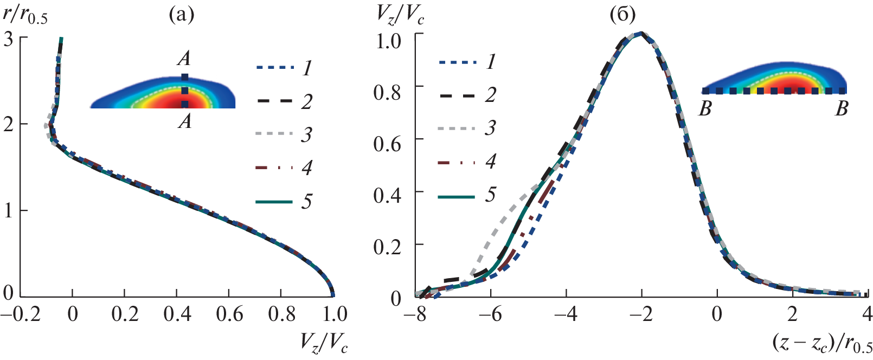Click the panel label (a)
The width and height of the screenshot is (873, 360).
click(x=181, y=15)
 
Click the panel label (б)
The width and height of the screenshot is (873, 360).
click(x=622, y=15)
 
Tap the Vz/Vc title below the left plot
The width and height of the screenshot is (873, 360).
click(x=324, y=343)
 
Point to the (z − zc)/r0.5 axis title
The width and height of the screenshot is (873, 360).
click(x=821, y=343)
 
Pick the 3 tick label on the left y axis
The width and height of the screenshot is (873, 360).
click(x=8, y=39)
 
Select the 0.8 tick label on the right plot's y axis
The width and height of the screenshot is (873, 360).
click(x=387, y=92)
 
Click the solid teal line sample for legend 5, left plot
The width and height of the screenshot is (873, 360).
click(x=274, y=202)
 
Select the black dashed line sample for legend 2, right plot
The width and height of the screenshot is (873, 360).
click(x=457, y=95)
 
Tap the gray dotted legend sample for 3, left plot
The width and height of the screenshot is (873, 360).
click(x=274, y=134)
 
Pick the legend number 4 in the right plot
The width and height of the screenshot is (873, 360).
click(x=491, y=161)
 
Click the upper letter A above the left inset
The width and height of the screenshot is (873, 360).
click(x=184, y=59)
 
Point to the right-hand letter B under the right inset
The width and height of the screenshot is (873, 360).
click(x=842, y=110)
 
